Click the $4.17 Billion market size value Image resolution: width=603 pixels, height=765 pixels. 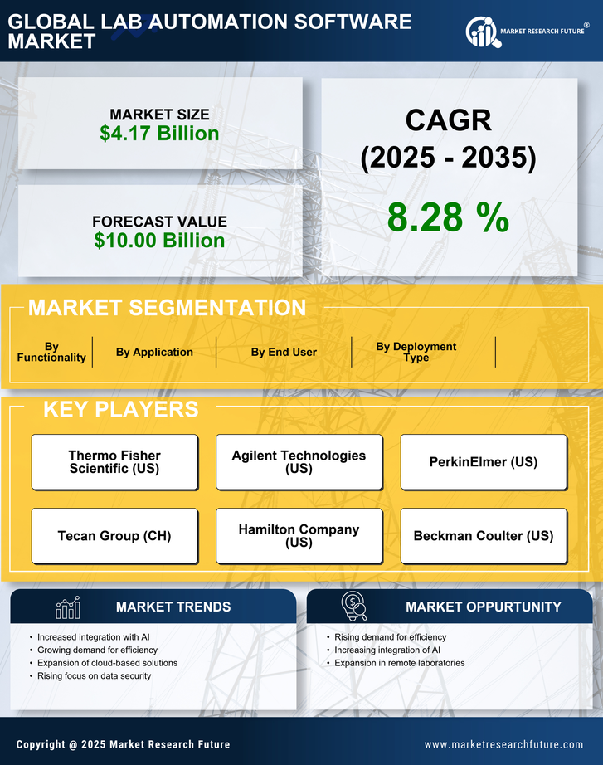pos(159,134)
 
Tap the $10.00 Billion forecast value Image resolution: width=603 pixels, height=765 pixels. pos(159,241)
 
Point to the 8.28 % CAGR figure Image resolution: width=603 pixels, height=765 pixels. pos(448,217)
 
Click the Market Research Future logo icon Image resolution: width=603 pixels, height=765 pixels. pos(481,32)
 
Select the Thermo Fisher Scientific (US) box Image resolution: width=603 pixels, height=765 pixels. pos(114,462)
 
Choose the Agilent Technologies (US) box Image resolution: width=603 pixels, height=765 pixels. pos(299,462)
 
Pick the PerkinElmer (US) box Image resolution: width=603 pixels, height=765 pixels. pos(484,462)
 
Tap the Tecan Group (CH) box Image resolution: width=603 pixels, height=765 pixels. pos(114,536)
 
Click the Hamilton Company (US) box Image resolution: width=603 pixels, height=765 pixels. pos(299,536)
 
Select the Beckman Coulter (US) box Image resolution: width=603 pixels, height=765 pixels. pos(484,536)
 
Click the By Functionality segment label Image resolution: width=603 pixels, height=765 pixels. pos(51,352)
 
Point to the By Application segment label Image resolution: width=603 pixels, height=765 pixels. pos(154,352)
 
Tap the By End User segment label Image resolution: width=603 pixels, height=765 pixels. pos(284,352)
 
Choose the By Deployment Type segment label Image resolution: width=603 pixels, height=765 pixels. pos(416,352)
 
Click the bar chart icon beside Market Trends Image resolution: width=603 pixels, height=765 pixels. pos(67,607)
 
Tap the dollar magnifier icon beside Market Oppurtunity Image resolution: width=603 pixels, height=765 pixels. pos(353,607)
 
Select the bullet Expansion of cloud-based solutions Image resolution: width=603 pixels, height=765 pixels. pos(107,663)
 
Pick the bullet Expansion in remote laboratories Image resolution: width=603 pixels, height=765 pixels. pos(399,663)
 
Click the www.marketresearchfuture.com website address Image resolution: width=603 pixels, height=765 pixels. pos(503,744)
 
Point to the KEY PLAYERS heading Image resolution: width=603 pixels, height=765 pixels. pos(120,409)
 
